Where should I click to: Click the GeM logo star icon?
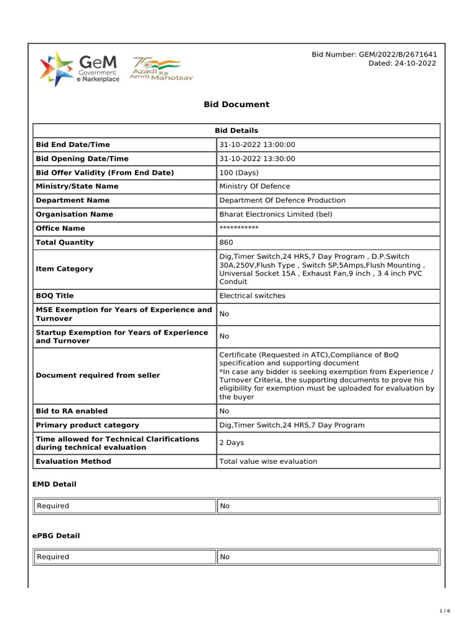55,68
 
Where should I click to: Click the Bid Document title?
236,105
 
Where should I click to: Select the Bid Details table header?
236,130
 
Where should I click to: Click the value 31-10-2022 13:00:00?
257,145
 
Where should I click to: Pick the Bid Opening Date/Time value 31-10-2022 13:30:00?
257,159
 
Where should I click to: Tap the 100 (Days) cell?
239,173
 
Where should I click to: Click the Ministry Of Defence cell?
254,186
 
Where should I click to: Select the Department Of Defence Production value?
282,201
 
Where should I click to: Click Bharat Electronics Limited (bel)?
275,215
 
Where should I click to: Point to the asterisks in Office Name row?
239,228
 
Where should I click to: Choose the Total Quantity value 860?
226,242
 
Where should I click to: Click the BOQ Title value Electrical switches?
253,296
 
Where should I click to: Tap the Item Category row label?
65,269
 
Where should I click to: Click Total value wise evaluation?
268,461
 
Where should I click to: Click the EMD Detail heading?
54,484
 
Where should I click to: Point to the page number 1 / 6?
445,611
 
